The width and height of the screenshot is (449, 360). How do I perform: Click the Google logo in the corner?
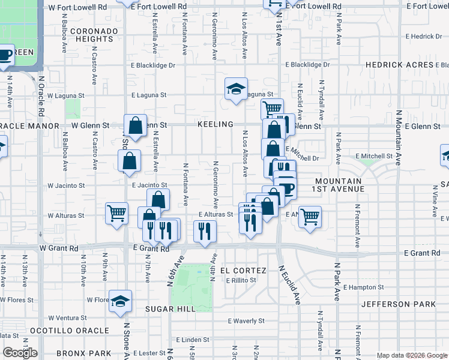point(20,353)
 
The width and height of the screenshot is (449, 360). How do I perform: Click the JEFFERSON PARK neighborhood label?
point(399,304)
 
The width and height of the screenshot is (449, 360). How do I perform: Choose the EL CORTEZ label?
point(243,271)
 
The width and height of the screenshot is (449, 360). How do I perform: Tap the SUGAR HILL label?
point(170,308)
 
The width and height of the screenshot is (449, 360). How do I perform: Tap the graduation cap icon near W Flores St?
point(121,302)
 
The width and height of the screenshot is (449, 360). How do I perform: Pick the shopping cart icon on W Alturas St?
point(116,213)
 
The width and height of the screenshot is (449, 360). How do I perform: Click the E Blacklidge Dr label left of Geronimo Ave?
point(154,65)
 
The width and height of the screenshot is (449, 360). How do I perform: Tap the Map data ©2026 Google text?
point(411,355)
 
